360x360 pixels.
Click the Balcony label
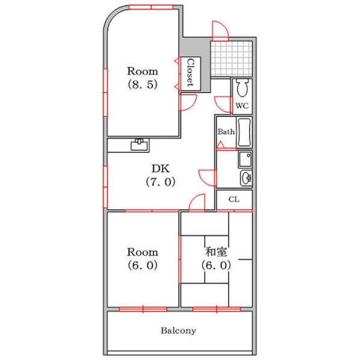click(x=178, y=331)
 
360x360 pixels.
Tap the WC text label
click(x=242, y=106)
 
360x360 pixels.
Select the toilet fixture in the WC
click(x=242, y=88)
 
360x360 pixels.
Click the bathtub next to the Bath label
click(x=244, y=132)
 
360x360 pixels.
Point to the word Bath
click(x=226, y=132)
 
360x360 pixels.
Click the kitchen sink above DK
click(x=139, y=145)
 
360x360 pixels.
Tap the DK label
click(x=161, y=169)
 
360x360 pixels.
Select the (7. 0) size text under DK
click(x=161, y=182)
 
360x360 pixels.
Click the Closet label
click(x=190, y=73)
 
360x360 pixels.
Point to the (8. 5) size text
click(x=143, y=85)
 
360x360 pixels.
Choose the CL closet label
click(x=234, y=199)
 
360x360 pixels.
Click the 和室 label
click(x=216, y=251)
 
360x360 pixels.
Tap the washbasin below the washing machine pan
click(x=246, y=178)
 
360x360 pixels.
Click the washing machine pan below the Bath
click(x=245, y=159)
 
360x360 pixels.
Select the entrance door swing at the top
click(x=220, y=31)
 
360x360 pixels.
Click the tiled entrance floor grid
click(x=232, y=59)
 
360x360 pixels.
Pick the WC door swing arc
click(x=223, y=104)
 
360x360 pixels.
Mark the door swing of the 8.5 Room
click(x=188, y=103)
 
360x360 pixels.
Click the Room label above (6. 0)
click(x=143, y=252)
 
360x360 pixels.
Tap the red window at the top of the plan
click(x=151, y=7)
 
